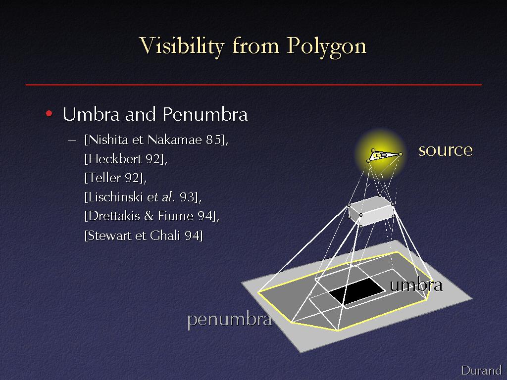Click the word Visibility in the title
[x=182, y=46]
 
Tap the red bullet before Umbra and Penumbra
[x=49, y=113]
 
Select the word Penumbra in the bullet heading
[x=205, y=114]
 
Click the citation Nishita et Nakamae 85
[x=156, y=140]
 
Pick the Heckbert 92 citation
[x=126, y=159]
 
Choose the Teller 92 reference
[x=115, y=178]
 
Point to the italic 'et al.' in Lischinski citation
[x=161, y=197]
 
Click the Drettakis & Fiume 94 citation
[x=152, y=216]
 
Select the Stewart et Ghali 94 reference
[x=144, y=235]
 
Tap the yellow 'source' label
[x=446, y=150]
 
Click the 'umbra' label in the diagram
[x=416, y=285]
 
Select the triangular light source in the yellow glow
[x=384, y=155]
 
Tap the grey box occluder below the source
[x=371, y=211]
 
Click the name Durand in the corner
[x=481, y=370]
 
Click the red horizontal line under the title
[x=253, y=85]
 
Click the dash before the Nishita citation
[x=72, y=140]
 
